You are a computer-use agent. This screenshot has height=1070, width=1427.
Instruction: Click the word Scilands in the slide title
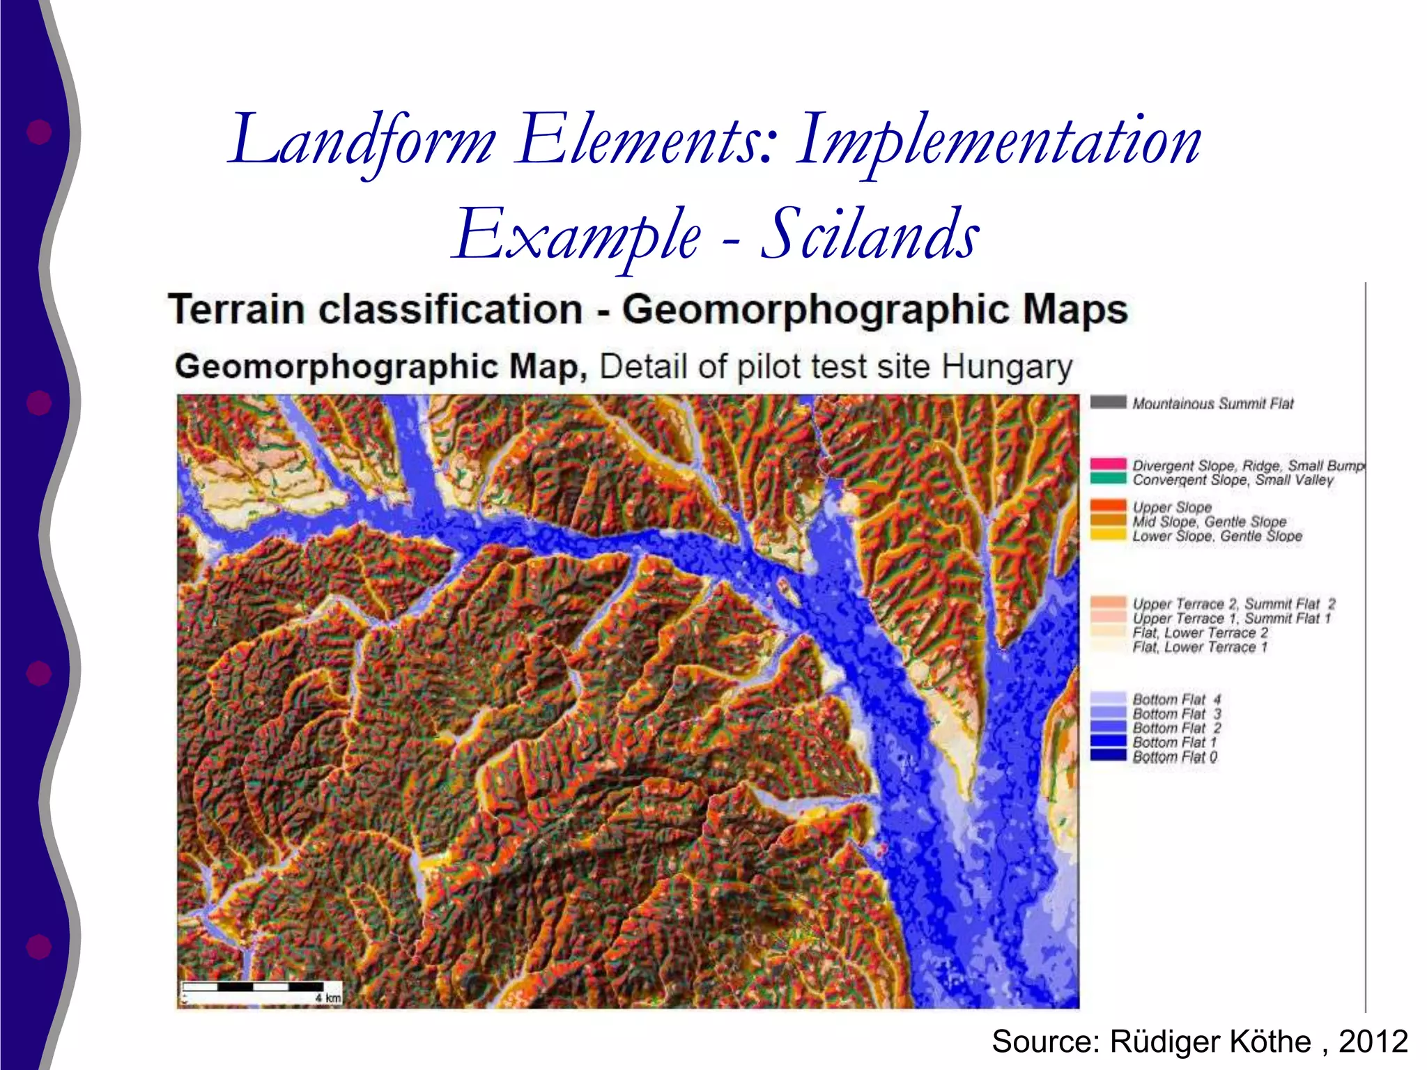870,235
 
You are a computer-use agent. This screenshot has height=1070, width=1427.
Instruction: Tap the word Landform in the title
362,141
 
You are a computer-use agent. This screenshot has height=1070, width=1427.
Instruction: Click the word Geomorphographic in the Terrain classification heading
815,310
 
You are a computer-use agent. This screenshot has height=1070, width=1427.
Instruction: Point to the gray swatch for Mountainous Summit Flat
1108,402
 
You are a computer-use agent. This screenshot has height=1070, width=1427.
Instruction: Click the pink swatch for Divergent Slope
1108,464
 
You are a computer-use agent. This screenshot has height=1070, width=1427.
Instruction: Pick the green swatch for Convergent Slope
1108,478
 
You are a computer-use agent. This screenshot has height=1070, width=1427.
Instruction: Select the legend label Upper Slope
1172,507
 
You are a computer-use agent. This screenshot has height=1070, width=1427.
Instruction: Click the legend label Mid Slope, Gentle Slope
1209,522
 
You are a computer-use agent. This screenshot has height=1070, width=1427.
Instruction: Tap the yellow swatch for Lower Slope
1108,535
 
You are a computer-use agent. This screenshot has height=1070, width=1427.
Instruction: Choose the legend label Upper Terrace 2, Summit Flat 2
1233,604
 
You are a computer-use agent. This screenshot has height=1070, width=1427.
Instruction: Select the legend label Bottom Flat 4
1176,699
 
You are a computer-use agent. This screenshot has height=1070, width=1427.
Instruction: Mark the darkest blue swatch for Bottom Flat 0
1108,756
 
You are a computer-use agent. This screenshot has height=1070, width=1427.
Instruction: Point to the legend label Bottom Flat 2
1176,728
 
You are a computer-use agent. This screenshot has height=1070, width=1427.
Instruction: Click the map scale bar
252,986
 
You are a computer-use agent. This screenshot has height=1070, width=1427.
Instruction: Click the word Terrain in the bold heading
236,310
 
